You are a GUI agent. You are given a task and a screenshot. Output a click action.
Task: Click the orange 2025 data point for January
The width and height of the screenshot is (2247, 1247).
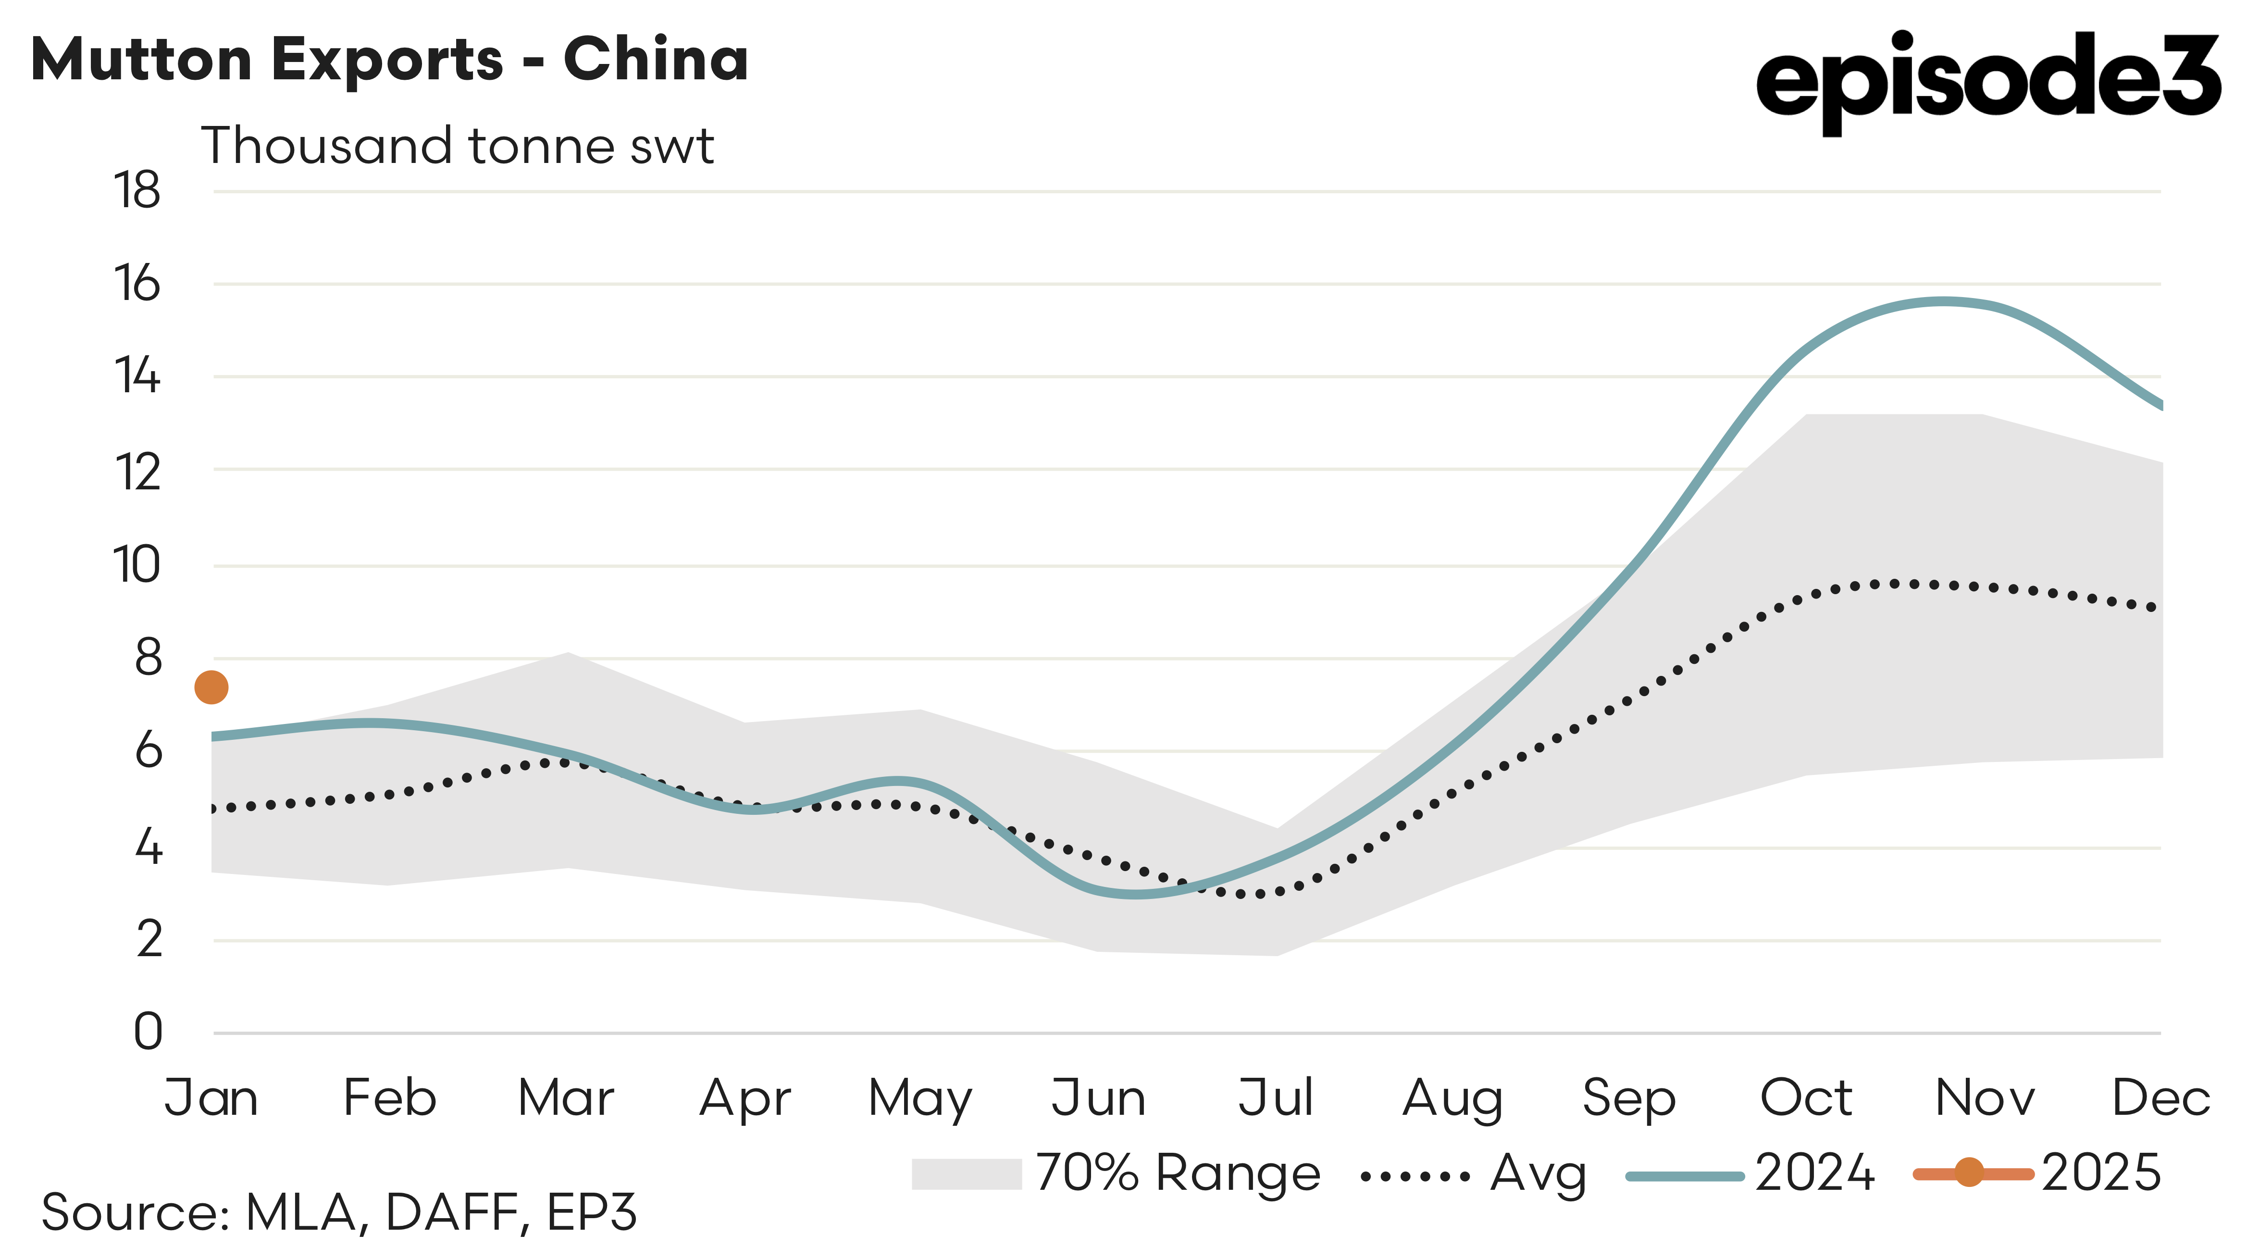tap(211, 687)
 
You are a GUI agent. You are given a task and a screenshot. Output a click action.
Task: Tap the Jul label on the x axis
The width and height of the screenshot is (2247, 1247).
tap(1275, 1098)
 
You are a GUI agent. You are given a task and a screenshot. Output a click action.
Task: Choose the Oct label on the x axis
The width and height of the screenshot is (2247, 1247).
tap(1806, 1098)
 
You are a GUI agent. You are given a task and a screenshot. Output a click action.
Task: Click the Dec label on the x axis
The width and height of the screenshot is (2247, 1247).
tap(2160, 1098)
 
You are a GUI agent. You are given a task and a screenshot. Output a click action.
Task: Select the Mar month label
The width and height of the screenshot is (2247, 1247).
tap(566, 1098)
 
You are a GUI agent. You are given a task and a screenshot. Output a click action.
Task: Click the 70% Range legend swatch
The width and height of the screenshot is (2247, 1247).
tap(967, 1174)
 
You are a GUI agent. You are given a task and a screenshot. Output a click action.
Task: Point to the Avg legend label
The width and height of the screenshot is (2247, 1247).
tap(1538, 1174)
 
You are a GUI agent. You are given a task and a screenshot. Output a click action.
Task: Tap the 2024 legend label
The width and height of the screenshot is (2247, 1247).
tap(1814, 1174)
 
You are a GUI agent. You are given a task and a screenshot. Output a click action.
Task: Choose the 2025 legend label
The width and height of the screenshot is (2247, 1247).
tap(2100, 1174)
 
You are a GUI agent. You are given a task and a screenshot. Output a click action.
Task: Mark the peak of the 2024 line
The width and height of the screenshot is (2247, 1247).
tap(1943, 302)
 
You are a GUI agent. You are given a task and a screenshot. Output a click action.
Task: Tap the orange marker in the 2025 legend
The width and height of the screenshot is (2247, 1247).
tap(1969, 1173)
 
